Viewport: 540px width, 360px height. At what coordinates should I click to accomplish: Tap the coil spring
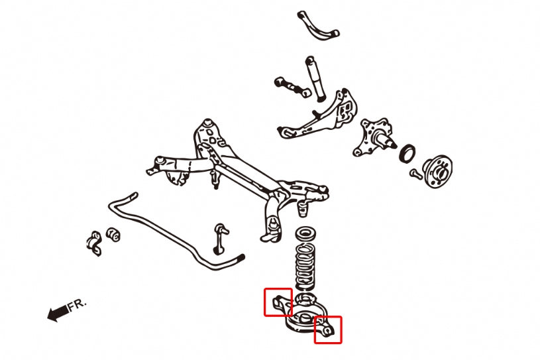(x=305, y=265)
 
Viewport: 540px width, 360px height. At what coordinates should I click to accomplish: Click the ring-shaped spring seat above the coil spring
(x=305, y=234)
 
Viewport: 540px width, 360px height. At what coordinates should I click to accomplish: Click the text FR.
(x=77, y=304)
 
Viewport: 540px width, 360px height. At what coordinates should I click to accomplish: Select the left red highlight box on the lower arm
(x=278, y=302)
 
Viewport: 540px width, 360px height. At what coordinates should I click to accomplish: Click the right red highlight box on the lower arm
(x=327, y=330)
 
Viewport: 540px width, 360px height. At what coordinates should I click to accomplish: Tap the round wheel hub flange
(x=438, y=170)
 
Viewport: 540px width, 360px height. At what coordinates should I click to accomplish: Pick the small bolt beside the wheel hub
(x=415, y=174)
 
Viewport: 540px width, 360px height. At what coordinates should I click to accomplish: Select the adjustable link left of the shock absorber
(x=292, y=86)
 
